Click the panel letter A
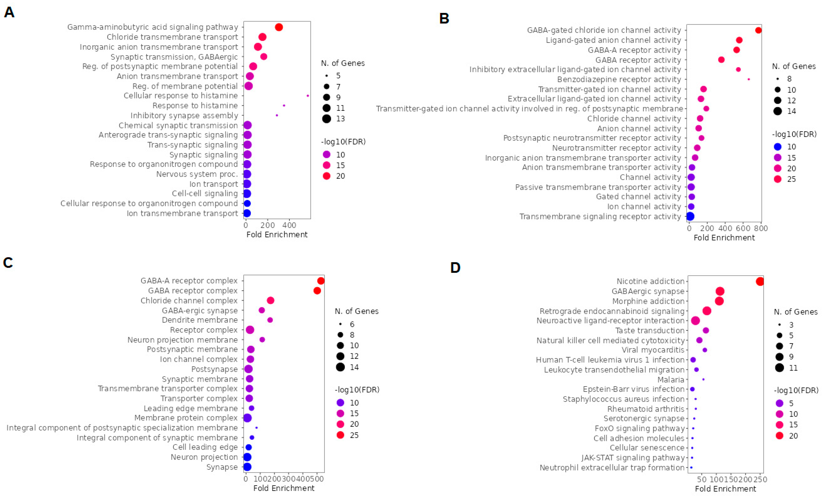[x=9, y=12]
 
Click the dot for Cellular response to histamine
[x=308, y=96]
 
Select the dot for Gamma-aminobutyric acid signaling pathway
[x=279, y=27]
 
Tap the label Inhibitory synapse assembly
[x=184, y=116]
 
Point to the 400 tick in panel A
[x=289, y=225]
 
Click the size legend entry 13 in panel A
[x=327, y=119]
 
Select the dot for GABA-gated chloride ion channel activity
[x=758, y=30]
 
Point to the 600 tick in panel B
[x=743, y=228]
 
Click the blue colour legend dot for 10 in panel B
[x=778, y=147]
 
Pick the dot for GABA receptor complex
[x=317, y=291]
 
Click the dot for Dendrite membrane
[x=270, y=320]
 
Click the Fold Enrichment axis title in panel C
[x=284, y=488]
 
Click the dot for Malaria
[x=703, y=379]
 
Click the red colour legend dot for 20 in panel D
[x=779, y=436]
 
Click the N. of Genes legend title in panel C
[x=357, y=311]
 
